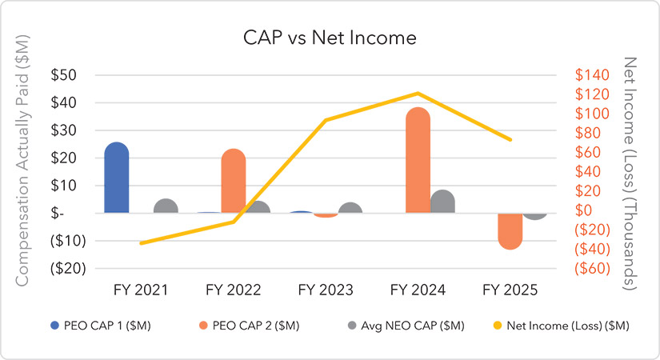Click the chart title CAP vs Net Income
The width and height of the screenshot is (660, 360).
coord(330,38)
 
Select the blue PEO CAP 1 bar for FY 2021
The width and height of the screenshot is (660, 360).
coord(117,178)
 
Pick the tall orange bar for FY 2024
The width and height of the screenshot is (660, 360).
coord(418,161)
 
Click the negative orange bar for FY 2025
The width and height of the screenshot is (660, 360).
coord(510,230)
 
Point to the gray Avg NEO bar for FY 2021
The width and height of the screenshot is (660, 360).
coord(166,206)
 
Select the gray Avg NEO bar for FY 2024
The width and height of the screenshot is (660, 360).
coord(442,202)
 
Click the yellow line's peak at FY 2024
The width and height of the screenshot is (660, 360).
coord(418,94)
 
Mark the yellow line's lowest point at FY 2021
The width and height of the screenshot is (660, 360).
coord(142,242)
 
